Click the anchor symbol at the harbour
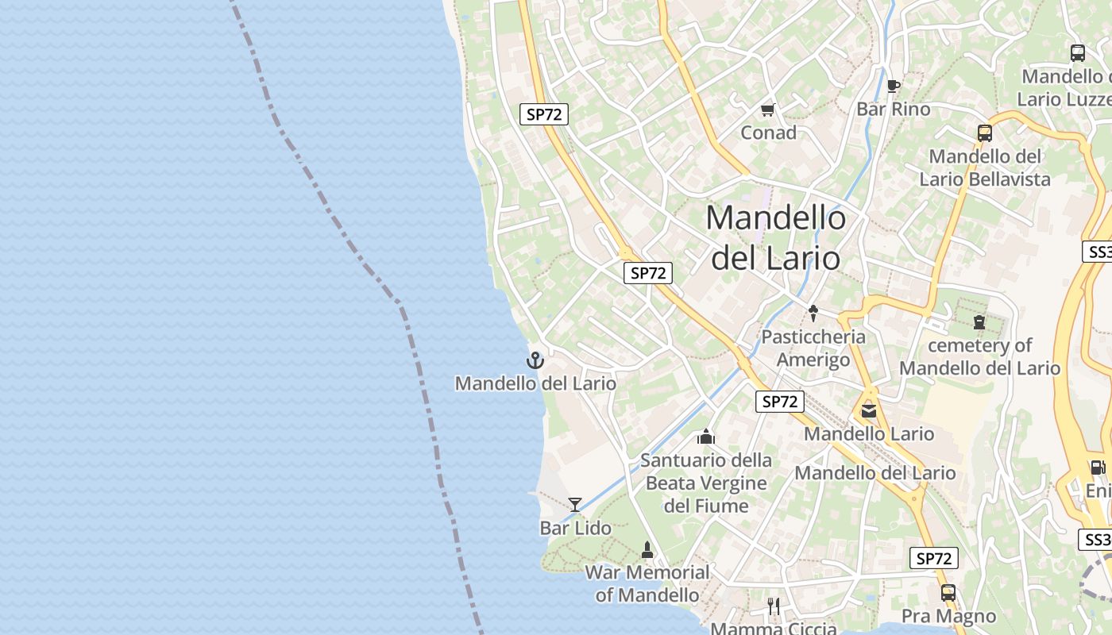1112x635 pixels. click(x=535, y=360)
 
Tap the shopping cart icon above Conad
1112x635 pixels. click(x=767, y=110)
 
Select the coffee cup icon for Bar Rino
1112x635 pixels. click(x=893, y=86)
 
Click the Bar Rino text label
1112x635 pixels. click(x=893, y=109)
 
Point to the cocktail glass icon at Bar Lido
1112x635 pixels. click(x=575, y=504)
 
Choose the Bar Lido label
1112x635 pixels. click(x=575, y=528)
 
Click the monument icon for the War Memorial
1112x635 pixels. click(x=647, y=549)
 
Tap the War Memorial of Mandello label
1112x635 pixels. click(x=647, y=583)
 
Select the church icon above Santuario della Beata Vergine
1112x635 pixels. click(x=705, y=437)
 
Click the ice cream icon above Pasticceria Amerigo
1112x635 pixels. click(x=813, y=314)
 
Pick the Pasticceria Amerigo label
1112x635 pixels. click(x=813, y=348)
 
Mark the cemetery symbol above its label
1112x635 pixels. click(x=979, y=322)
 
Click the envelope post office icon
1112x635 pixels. click(x=868, y=411)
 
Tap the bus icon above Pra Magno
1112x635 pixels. click(x=948, y=592)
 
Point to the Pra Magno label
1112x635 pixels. click(x=948, y=616)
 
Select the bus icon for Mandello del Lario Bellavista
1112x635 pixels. click(x=985, y=133)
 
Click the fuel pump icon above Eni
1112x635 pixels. click(x=1097, y=468)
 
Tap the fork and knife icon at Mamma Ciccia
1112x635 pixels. click(x=774, y=606)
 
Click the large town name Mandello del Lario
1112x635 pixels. click(x=776, y=237)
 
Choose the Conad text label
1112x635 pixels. click(x=768, y=133)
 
